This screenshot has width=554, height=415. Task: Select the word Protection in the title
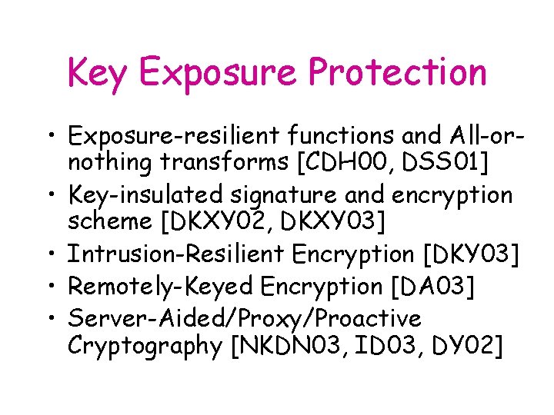point(397,73)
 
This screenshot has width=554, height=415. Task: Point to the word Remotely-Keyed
point(161,286)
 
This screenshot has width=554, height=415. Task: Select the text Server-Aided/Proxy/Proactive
point(244,318)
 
